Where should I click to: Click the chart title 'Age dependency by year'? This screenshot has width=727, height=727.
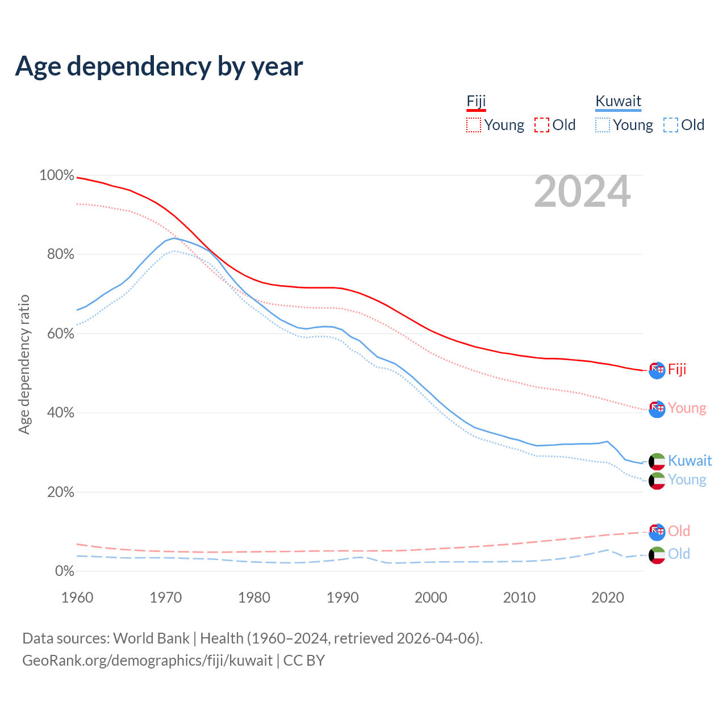(x=159, y=66)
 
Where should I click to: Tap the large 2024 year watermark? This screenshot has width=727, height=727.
(x=582, y=192)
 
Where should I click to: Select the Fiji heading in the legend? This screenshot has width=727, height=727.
(x=476, y=102)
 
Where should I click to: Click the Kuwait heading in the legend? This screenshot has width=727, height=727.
(x=618, y=102)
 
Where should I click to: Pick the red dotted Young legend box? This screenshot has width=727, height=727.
(x=474, y=125)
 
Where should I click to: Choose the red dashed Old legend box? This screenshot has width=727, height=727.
(x=542, y=125)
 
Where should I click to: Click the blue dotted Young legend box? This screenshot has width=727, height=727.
(x=603, y=125)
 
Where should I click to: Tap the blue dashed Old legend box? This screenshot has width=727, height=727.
(x=671, y=125)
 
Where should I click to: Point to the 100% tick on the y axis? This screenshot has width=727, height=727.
(x=57, y=176)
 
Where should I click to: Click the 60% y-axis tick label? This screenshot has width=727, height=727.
(x=60, y=334)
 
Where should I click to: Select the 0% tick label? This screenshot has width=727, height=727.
(x=64, y=571)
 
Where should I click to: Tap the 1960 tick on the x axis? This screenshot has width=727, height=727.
(x=77, y=598)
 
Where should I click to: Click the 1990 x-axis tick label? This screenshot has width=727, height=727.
(x=342, y=598)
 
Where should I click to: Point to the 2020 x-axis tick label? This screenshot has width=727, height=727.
(x=608, y=598)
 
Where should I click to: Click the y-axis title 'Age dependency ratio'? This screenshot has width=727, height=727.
(x=24, y=365)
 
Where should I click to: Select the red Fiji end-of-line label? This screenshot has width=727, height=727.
(x=677, y=370)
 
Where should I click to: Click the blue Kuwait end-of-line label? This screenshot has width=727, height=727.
(x=690, y=461)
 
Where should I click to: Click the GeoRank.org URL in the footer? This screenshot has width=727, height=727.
(x=148, y=661)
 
